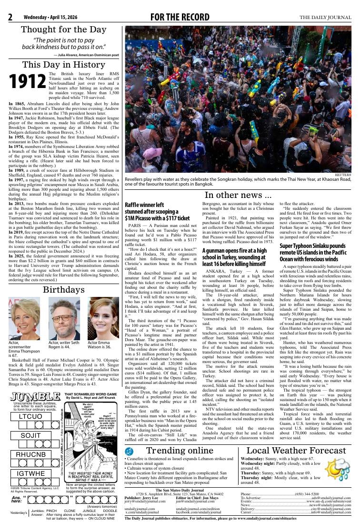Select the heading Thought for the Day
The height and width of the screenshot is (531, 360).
click(64, 29)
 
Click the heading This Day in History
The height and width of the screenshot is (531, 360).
click(64, 65)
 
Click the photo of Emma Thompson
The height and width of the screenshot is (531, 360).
click(24, 319)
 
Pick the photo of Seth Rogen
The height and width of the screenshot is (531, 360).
click(64, 319)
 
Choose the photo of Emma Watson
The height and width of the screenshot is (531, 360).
click(103, 319)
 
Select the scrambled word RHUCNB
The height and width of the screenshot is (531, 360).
click(31, 454)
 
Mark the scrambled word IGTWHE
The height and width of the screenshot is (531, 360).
click(31, 473)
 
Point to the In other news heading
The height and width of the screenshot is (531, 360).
click(238, 195)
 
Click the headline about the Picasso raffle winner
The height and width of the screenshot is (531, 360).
click(157, 211)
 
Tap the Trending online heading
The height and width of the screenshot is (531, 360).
click(180, 451)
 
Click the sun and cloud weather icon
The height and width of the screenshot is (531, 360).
click(337, 468)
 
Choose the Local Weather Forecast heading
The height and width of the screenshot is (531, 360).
click(296, 451)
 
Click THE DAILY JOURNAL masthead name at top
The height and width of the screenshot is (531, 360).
click(325, 18)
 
